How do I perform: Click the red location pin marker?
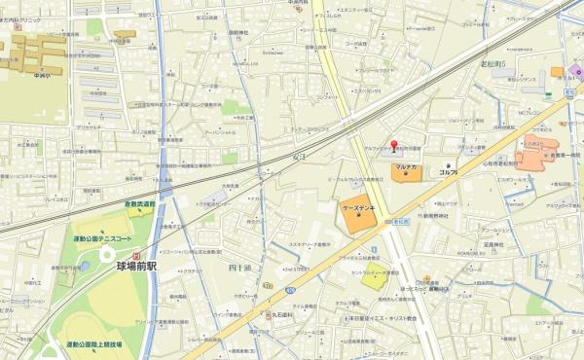point(394,148)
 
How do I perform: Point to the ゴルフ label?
point(450,172)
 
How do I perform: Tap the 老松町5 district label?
point(493,64)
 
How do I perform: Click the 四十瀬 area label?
point(239,266)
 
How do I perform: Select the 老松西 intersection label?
point(400,223)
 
